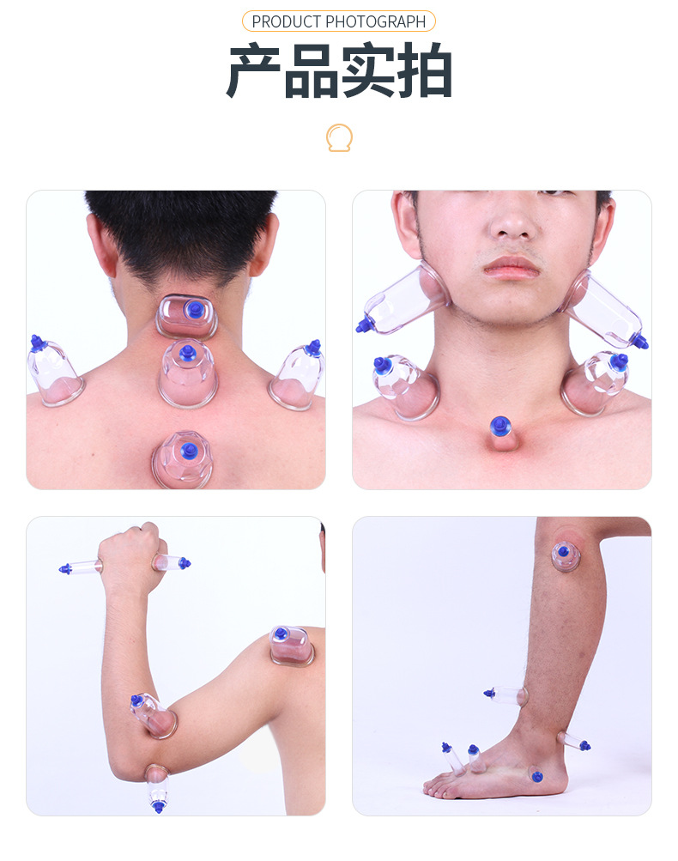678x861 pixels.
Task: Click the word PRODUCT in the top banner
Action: pyautogui.click(x=286, y=21)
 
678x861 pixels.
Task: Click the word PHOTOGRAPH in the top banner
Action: pyautogui.click(x=376, y=21)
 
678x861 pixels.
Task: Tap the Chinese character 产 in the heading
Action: pyautogui.click(x=254, y=71)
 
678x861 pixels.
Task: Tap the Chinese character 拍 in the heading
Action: pyautogui.click(x=424, y=71)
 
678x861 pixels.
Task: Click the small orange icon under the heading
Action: pyautogui.click(x=339, y=138)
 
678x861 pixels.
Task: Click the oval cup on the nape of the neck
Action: pyautogui.click(x=186, y=316)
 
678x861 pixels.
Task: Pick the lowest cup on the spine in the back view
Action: pyautogui.click(x=183, y=459)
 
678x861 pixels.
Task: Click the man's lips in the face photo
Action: pyautogui.click(x=511, y=268)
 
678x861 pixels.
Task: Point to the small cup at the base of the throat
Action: pyautogui.click(x=501, y=434)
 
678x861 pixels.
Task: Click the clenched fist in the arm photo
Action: pyautogui.click(x=130, y=555)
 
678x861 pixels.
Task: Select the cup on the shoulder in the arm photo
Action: pyautogui.click(x=291, y=646)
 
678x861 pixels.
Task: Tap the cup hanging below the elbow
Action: pyautogui.click(x=158, y=788)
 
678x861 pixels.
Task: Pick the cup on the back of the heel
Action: pyautogui.click(x=573, y=742)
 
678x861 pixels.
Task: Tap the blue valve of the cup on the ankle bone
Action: pyautogui.click(x=537, y=777)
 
